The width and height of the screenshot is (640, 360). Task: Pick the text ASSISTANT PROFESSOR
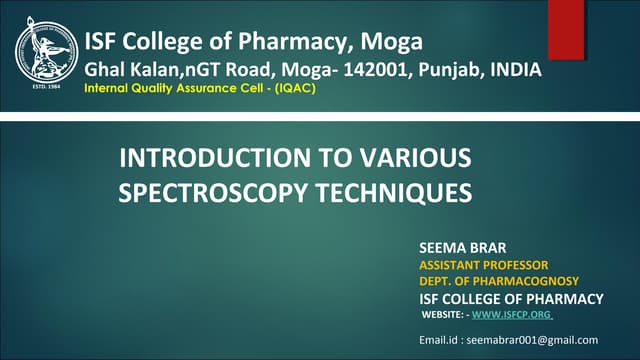coord(484,265)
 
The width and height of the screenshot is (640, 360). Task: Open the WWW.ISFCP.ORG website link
coord(511,317)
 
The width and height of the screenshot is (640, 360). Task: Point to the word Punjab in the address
coord(444,70)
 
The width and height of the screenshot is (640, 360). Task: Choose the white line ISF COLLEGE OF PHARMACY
coord(511,299)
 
